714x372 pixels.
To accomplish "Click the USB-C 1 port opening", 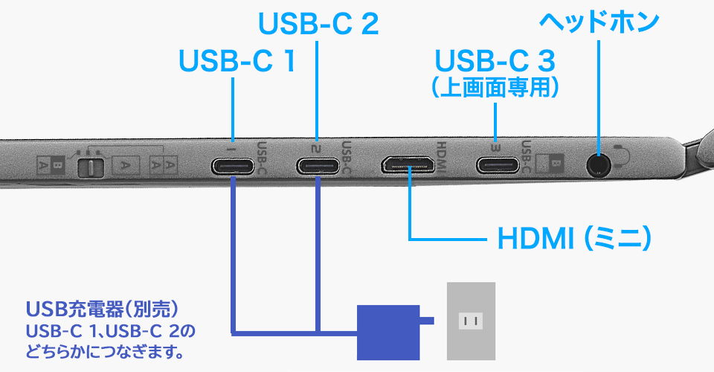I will (234, 165).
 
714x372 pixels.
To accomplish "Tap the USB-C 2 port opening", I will (318, 165).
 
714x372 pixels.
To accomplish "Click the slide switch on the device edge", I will (89, 165).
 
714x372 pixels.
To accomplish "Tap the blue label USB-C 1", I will (237, 61).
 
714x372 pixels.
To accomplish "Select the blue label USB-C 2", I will (318, 24).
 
